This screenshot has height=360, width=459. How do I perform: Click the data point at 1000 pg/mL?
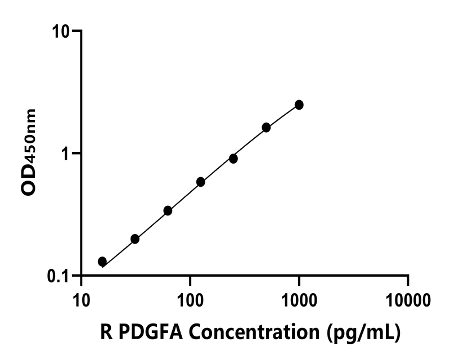(299, 105)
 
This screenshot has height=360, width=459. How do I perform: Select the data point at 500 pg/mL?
(266, 128)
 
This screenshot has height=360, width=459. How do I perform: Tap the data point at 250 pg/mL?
(233, 159)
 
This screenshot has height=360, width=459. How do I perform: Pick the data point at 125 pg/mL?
(201, 182)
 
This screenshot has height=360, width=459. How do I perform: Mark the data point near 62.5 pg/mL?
(168, 210)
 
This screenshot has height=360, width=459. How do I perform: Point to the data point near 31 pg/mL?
(135, 239)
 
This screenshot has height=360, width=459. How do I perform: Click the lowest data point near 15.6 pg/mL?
(102, 262)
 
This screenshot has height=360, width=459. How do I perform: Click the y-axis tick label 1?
(67, 153)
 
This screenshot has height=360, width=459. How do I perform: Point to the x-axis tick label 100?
(190, 299)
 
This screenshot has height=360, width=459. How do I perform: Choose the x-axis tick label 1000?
(299, 299)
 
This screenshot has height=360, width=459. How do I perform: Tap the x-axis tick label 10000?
(408, 299)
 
